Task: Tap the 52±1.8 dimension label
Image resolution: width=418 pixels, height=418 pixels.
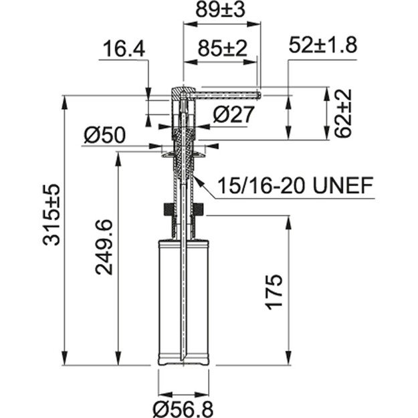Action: click(323, 45)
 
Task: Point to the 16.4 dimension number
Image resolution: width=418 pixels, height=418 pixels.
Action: click(124, 48)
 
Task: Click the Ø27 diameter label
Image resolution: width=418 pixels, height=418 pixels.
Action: click(233, 114)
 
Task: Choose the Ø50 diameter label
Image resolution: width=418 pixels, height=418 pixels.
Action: click(104, 135)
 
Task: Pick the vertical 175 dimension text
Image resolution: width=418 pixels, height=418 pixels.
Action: click(276, 290)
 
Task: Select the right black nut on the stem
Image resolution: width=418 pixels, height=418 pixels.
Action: click(199, 209)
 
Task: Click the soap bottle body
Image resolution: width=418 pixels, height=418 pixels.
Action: click(183, 301)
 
